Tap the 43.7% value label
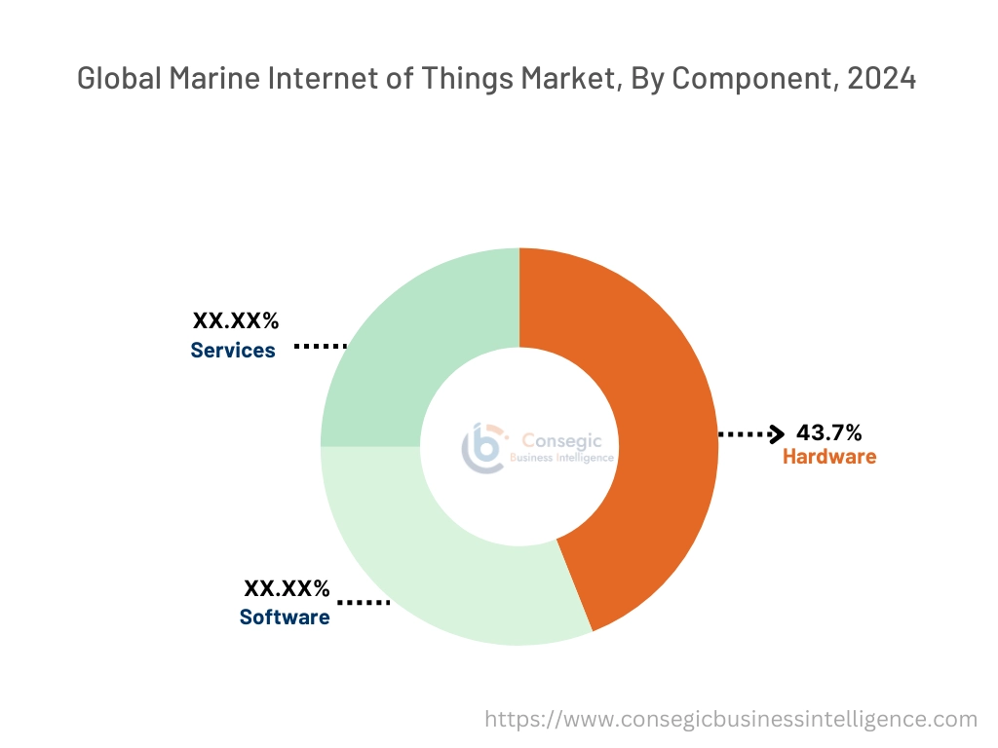(x=828, y=432)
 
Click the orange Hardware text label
(x=829, y=457)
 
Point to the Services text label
(x=233, y=351)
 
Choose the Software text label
(x=285, y=617)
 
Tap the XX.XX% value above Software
(x=287, y=588)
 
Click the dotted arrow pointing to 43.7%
(x=751, y=434)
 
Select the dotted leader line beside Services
(x=321, y=346)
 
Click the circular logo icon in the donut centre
(x=482, y=447)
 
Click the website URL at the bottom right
(x=731, y=720)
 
